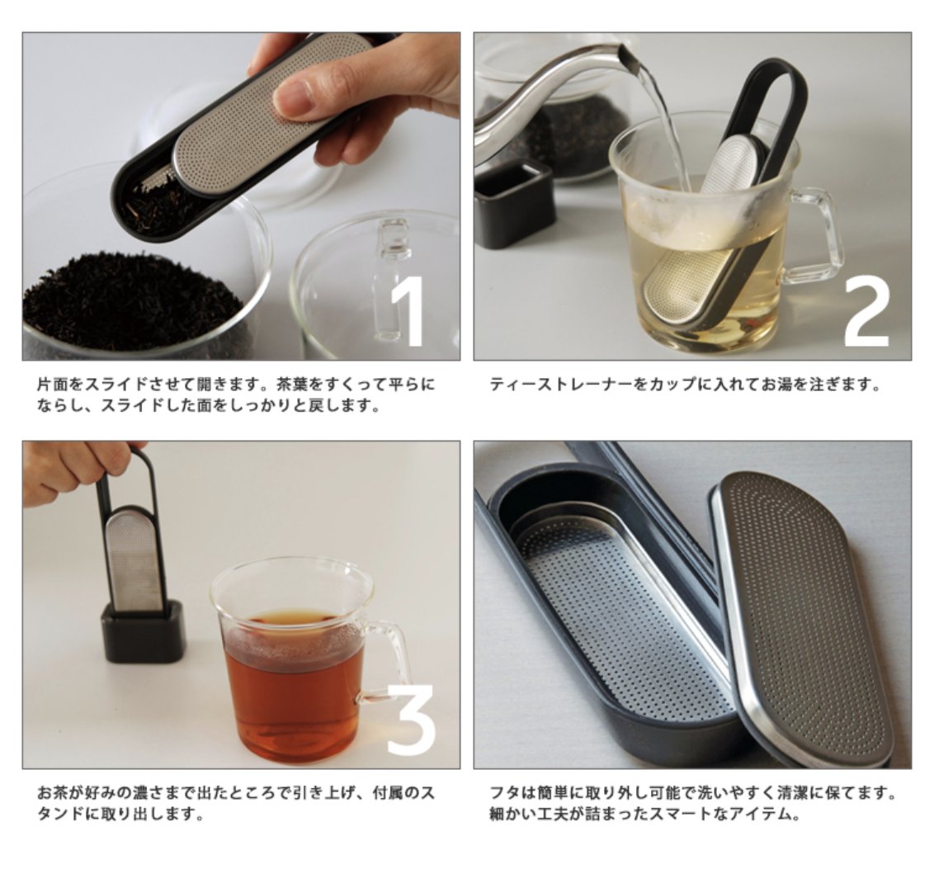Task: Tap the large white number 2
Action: (867, 312)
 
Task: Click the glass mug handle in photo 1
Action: (390, 280)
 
